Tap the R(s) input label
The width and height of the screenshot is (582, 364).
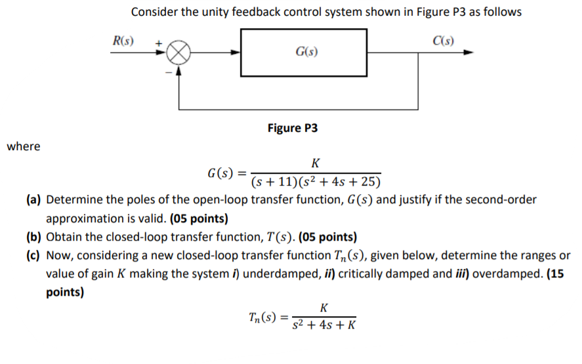tap(122, 40)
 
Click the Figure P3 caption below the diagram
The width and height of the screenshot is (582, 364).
tap(293, 127)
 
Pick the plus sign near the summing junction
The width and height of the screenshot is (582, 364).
tap(158, 41)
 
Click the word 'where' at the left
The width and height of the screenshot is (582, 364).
tap(24, 146)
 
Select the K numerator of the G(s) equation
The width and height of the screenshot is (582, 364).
tap(316, 163)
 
